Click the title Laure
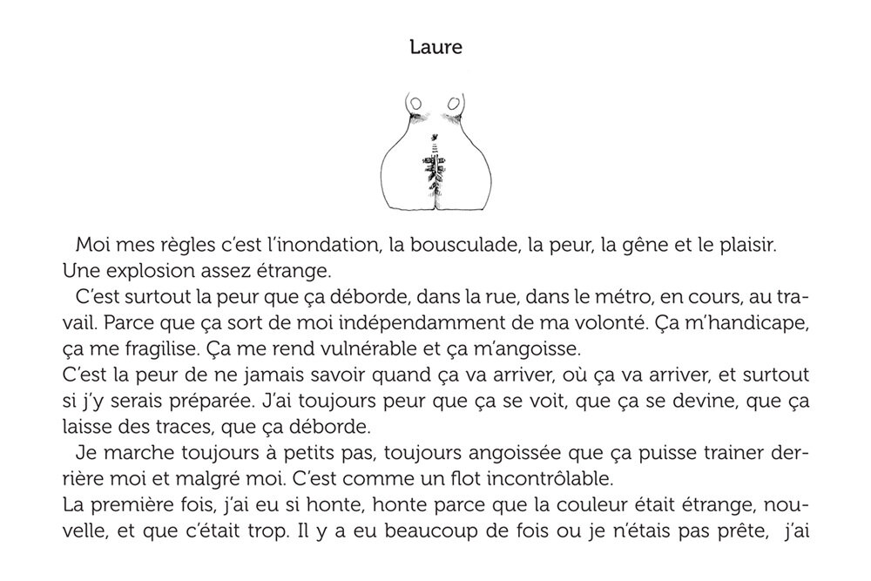pyautogui.click(x=435, y=47)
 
